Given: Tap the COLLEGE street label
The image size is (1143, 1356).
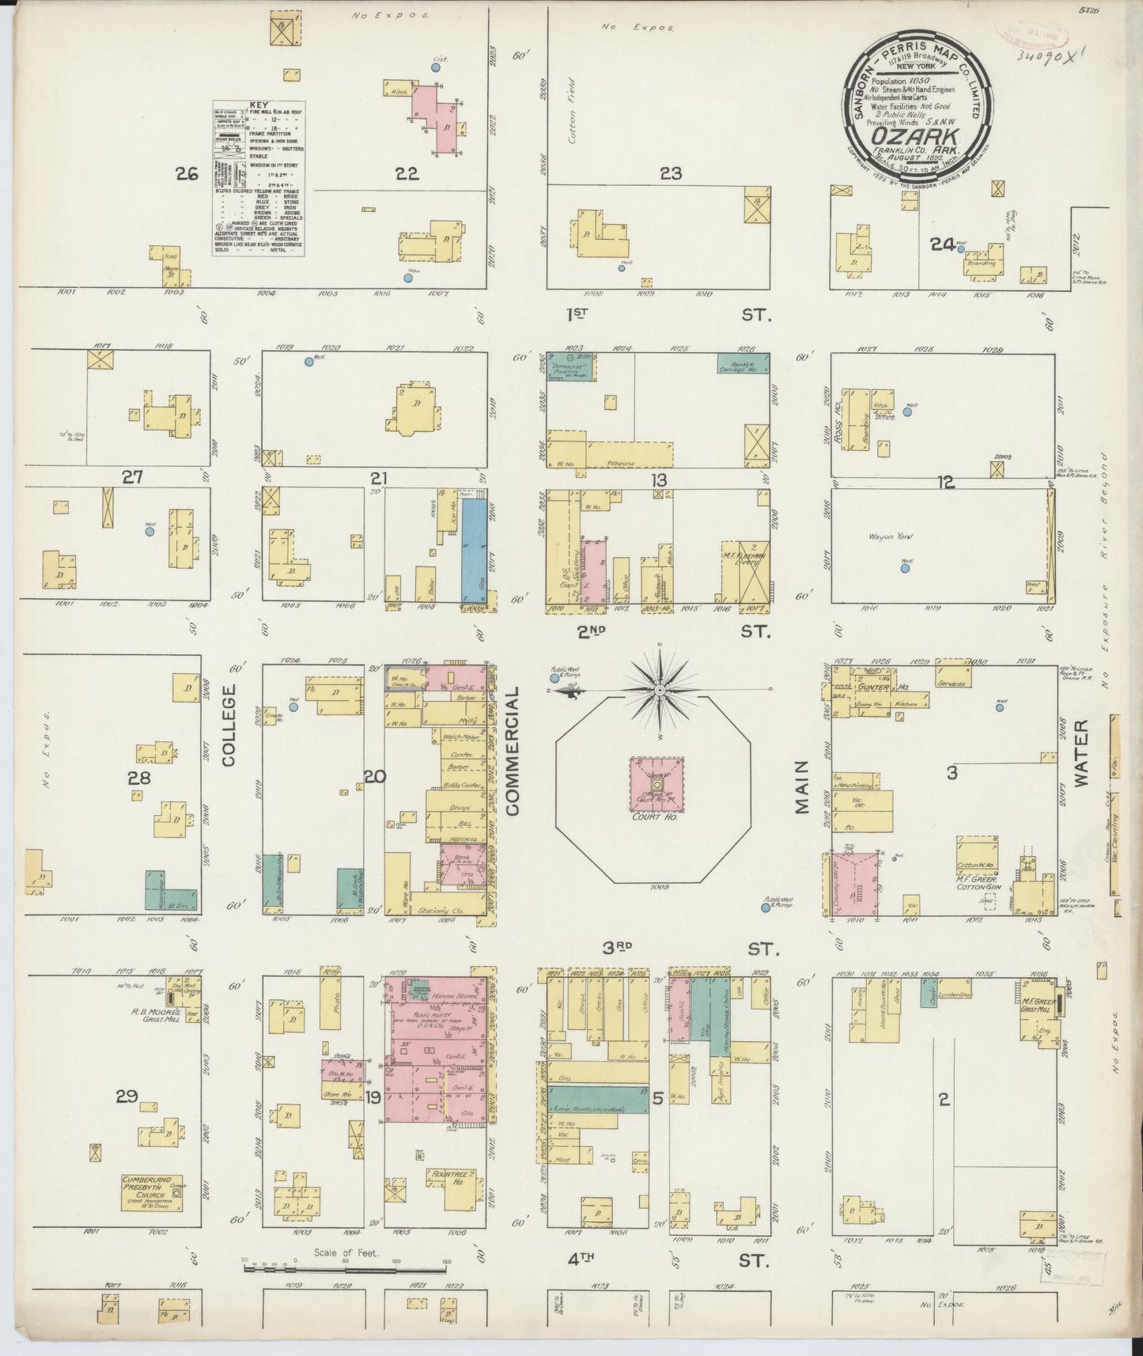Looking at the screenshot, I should (229, 725).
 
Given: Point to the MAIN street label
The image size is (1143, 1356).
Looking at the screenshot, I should (802, 787).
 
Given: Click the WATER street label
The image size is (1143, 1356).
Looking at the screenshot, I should (1081, 752).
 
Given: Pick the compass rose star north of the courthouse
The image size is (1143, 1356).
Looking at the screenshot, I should (659, 691).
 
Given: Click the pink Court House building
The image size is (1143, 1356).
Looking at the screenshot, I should (657, 785).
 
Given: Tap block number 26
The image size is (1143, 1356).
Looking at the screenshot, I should (187, 174).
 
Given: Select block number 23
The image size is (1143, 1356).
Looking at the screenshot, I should (671, 174).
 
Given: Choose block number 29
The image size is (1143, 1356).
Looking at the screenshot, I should (127, 1097).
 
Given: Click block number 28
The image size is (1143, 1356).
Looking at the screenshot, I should (139, 778).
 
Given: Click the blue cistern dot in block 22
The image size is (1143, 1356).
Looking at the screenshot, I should (435, 68).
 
